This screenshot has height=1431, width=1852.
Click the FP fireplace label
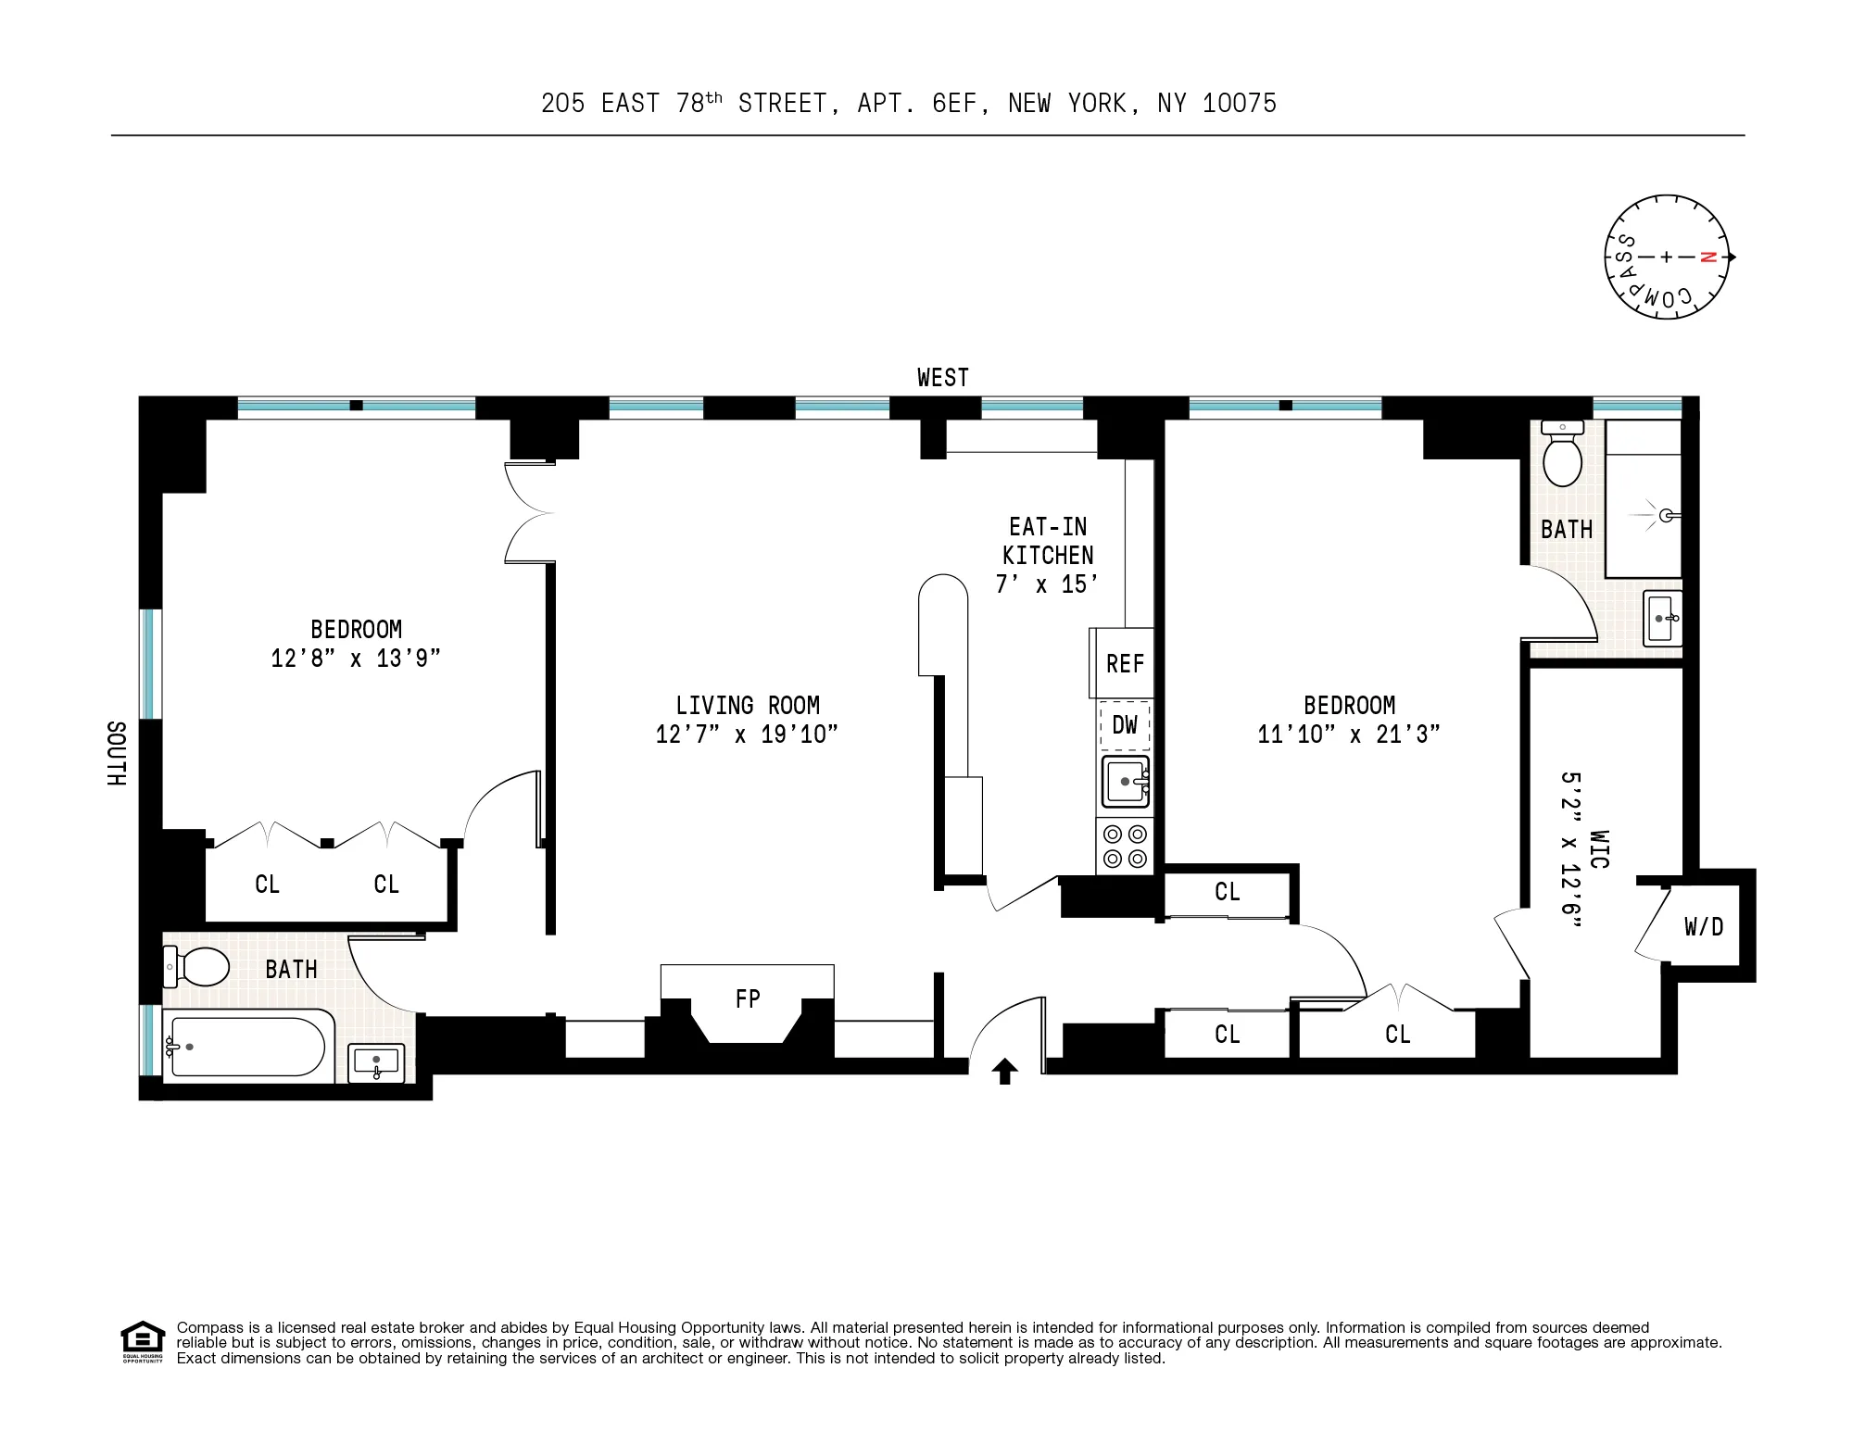point(748,998)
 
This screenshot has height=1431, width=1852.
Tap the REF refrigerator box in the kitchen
point(1124,663)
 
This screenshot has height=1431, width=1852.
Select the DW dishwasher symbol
point(1125,725)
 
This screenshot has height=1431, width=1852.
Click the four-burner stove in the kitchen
point(1125,846)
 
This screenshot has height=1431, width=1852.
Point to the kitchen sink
point(1125,783)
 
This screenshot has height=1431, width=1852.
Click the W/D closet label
point(1703,926)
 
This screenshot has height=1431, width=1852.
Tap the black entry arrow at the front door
point(1005,1072)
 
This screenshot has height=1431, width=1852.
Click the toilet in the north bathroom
point(1563,457)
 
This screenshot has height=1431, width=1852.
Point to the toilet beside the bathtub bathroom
point(197,967)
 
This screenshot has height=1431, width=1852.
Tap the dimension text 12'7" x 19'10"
point(747,734)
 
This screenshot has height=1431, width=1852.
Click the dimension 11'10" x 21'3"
point(1348,734)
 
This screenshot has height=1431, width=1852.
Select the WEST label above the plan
point(942,377)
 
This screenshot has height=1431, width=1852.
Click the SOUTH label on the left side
point(116,754)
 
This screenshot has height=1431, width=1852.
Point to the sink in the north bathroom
point(1662,618)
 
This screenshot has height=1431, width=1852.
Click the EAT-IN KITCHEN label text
point(1048,541)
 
